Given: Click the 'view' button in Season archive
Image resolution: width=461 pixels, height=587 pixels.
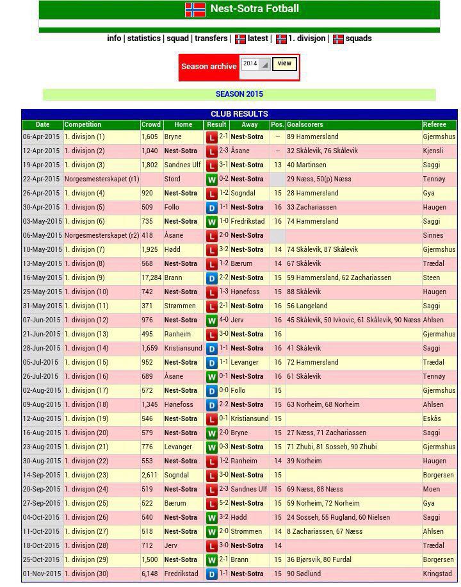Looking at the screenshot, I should [x=284, y=63].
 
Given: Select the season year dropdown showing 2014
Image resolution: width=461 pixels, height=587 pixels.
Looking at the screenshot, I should [x=255, y=64].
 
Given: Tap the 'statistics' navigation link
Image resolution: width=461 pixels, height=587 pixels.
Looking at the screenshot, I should [x=143, y=38].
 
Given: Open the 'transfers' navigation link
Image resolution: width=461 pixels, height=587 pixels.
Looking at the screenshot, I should [x=211, y=38].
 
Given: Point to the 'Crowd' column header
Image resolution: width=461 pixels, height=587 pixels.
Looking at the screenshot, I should [x=151, y=124].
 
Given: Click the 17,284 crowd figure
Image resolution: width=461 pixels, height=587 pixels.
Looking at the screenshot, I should [x=151, y=277].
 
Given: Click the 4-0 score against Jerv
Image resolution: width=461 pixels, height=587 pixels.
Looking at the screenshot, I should [x=223, y=320].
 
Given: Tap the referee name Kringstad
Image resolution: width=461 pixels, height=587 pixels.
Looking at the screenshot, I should [x=437, y=574].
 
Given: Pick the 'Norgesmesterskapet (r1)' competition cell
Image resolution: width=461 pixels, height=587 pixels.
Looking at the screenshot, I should [x=101, y=179].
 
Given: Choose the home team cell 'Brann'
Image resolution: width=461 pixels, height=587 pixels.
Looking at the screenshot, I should [x=173, y=277].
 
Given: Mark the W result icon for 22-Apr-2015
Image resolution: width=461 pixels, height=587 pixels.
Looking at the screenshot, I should [x=211, y=179].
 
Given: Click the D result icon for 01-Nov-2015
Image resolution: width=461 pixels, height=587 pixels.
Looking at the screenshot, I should [x=211, y=574].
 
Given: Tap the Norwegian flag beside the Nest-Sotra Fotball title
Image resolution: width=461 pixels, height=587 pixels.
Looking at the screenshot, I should [x=195, y=10].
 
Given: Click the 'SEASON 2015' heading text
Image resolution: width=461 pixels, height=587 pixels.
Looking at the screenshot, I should [x=239, y=94].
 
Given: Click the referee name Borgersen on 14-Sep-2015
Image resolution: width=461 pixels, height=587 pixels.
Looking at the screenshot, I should [x=438, y=475].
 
